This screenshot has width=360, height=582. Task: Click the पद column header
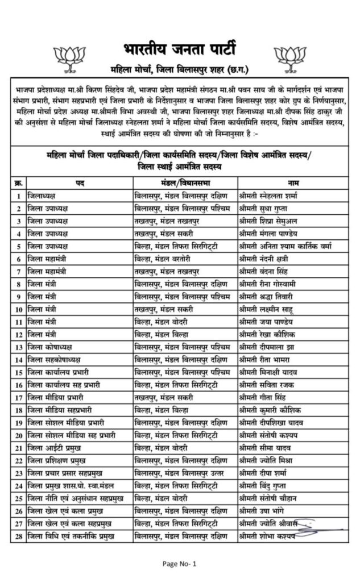80,182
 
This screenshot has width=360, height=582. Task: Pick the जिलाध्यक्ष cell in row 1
45,196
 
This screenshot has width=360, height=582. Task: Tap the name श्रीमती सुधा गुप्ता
266,208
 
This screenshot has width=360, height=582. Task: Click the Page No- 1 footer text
179,563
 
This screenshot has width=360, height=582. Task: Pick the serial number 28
18,535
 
